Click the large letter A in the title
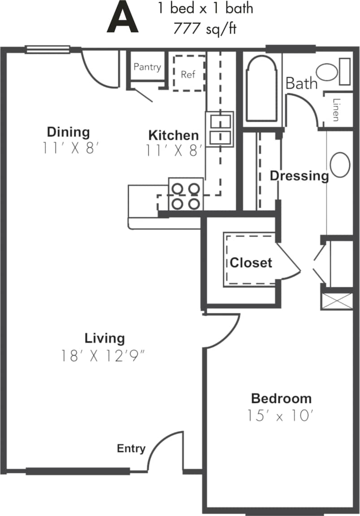[x=122, y=18]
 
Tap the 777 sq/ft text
[x=205, y=30]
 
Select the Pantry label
[x=147, y=67]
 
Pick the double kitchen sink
[x=219, y=129]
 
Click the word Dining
[x=68, y=132]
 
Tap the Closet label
[x=251, y=262]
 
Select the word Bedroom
[x=281, y=398]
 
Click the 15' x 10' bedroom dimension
[x=279, y=416]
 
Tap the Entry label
[x=131, y=448]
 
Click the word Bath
[x=301, y=83]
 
